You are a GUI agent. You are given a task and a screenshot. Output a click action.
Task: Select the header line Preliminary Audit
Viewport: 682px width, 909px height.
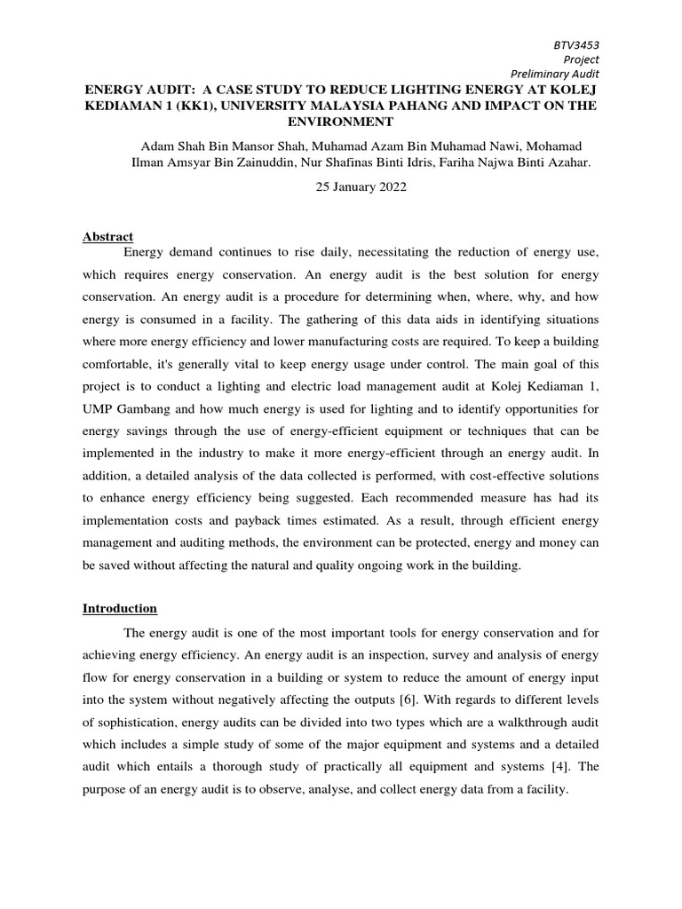(x=561, y=75)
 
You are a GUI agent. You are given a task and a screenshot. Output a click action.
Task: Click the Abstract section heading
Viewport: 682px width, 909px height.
(x=107, y=237)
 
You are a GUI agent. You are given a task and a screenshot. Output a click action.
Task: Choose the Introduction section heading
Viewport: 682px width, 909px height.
(x=120, y=609)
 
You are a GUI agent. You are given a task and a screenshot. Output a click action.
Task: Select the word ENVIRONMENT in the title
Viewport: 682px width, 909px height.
(x=340, y=121)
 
